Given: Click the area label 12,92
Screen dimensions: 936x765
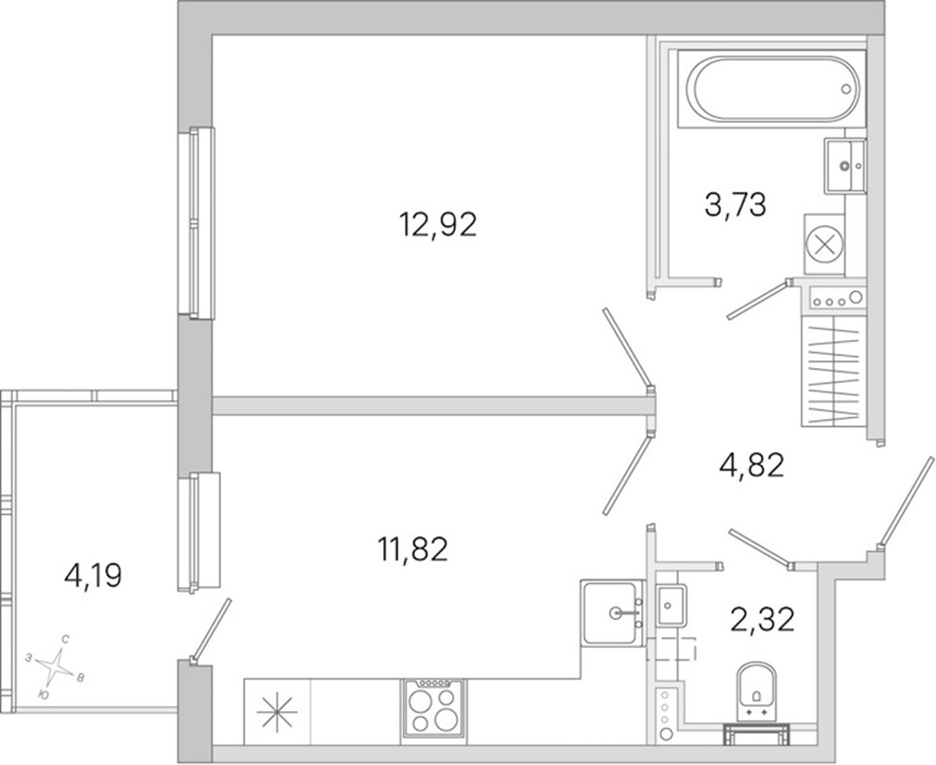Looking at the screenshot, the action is click(x=438, y=226).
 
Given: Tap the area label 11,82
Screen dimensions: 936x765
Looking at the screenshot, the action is click(x=413, y=549).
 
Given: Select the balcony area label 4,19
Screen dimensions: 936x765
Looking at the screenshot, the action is click(x=93, y=576).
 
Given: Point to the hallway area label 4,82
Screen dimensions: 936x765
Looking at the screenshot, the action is click(x=751, y=465).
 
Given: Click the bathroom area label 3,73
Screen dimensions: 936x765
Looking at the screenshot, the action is click(x=736, y=204).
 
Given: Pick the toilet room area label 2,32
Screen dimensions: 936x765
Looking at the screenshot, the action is click(x=763, y=619).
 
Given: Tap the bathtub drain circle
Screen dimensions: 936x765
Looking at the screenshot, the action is click(x=845, y=89).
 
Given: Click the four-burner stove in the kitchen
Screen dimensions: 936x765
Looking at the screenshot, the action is click(x=434, y=708).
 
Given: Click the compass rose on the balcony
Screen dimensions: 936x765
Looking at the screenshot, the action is click(x=55, y=666).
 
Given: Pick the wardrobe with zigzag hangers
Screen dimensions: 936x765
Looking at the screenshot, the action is click(x=834, y=371).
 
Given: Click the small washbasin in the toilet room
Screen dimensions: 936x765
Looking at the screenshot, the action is click(x=671, y=605).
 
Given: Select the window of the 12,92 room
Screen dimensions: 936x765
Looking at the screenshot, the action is click(x=196, y=222).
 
